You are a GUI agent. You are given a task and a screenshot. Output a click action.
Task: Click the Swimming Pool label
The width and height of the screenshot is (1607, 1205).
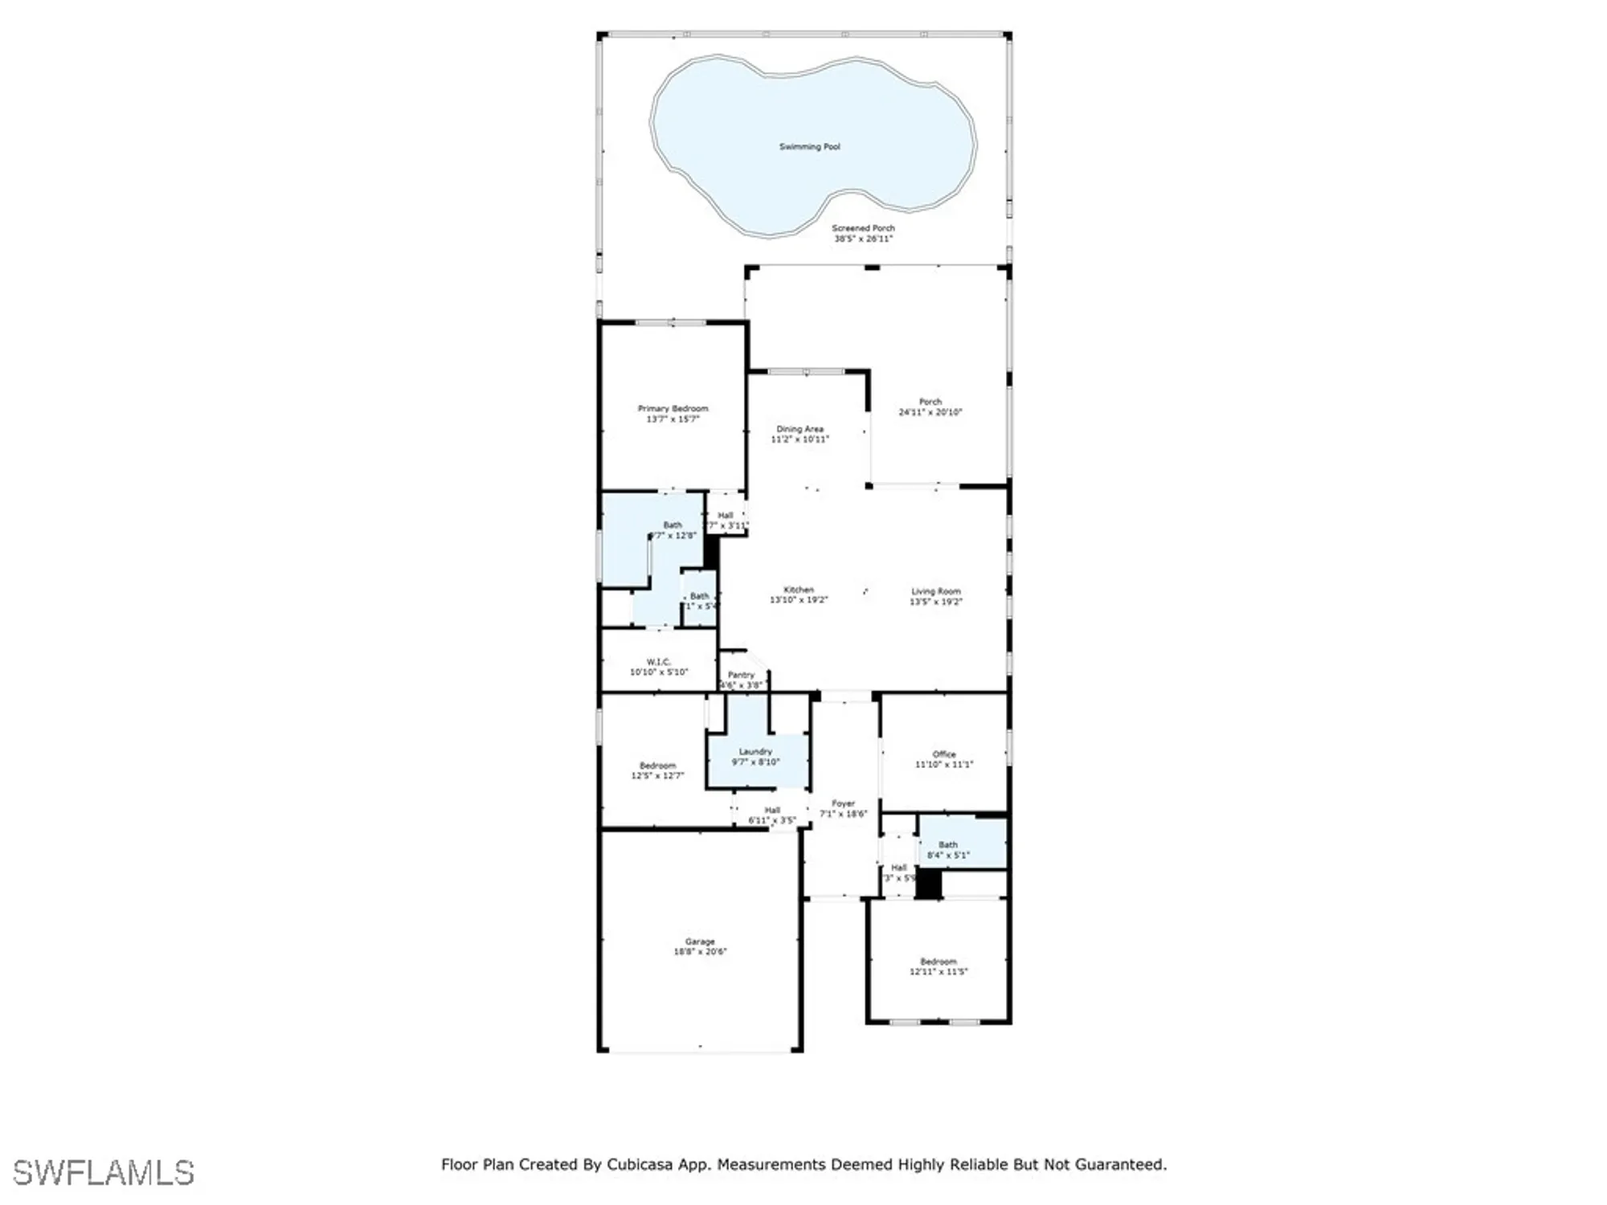[x=809, y=147]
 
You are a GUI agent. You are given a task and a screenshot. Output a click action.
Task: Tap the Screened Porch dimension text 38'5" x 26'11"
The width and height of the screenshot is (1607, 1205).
[x=863, y=239]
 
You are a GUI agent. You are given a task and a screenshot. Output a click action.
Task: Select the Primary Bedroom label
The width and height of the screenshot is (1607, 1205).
[x=673, y=408]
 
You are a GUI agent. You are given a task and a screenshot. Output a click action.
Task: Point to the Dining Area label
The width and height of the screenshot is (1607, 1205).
[x=799, y=429]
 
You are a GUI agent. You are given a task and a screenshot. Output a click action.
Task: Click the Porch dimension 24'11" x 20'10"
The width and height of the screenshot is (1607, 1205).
[x=930, y=412]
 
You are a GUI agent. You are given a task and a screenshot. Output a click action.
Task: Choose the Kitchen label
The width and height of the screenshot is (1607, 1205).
[x=799, y=590]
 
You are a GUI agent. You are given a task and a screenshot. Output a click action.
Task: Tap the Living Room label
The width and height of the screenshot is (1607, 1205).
[x=935, y=591]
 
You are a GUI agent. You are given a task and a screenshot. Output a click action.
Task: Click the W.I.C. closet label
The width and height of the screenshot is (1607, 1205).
[x=658, y=662]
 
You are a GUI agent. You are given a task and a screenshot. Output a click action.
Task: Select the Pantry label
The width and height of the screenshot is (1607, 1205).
[x=741, y=675]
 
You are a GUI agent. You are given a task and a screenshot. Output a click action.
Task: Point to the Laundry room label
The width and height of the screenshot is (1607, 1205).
[x=755, y=751]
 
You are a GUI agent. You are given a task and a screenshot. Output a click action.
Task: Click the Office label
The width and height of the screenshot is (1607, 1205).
[x=944, y=754]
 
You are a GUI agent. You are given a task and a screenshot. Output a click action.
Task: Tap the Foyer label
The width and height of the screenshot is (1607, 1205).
[x=843, y=803]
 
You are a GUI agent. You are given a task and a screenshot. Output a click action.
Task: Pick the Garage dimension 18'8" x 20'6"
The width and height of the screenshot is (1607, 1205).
[x=700, y=952]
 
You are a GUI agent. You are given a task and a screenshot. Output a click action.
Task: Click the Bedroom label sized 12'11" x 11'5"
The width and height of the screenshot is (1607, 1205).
[x=938, y=962]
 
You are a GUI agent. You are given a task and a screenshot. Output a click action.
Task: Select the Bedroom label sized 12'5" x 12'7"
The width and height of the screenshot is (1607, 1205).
[x=657, y=766]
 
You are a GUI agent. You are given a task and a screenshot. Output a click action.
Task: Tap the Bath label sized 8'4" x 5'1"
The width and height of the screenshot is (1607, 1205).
[x=948, y=844]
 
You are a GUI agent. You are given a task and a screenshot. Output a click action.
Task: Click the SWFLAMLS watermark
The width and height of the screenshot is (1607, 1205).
[x=104, y=1173]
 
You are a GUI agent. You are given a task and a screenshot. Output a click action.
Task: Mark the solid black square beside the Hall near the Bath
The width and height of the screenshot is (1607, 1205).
[x=929, y=884]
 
